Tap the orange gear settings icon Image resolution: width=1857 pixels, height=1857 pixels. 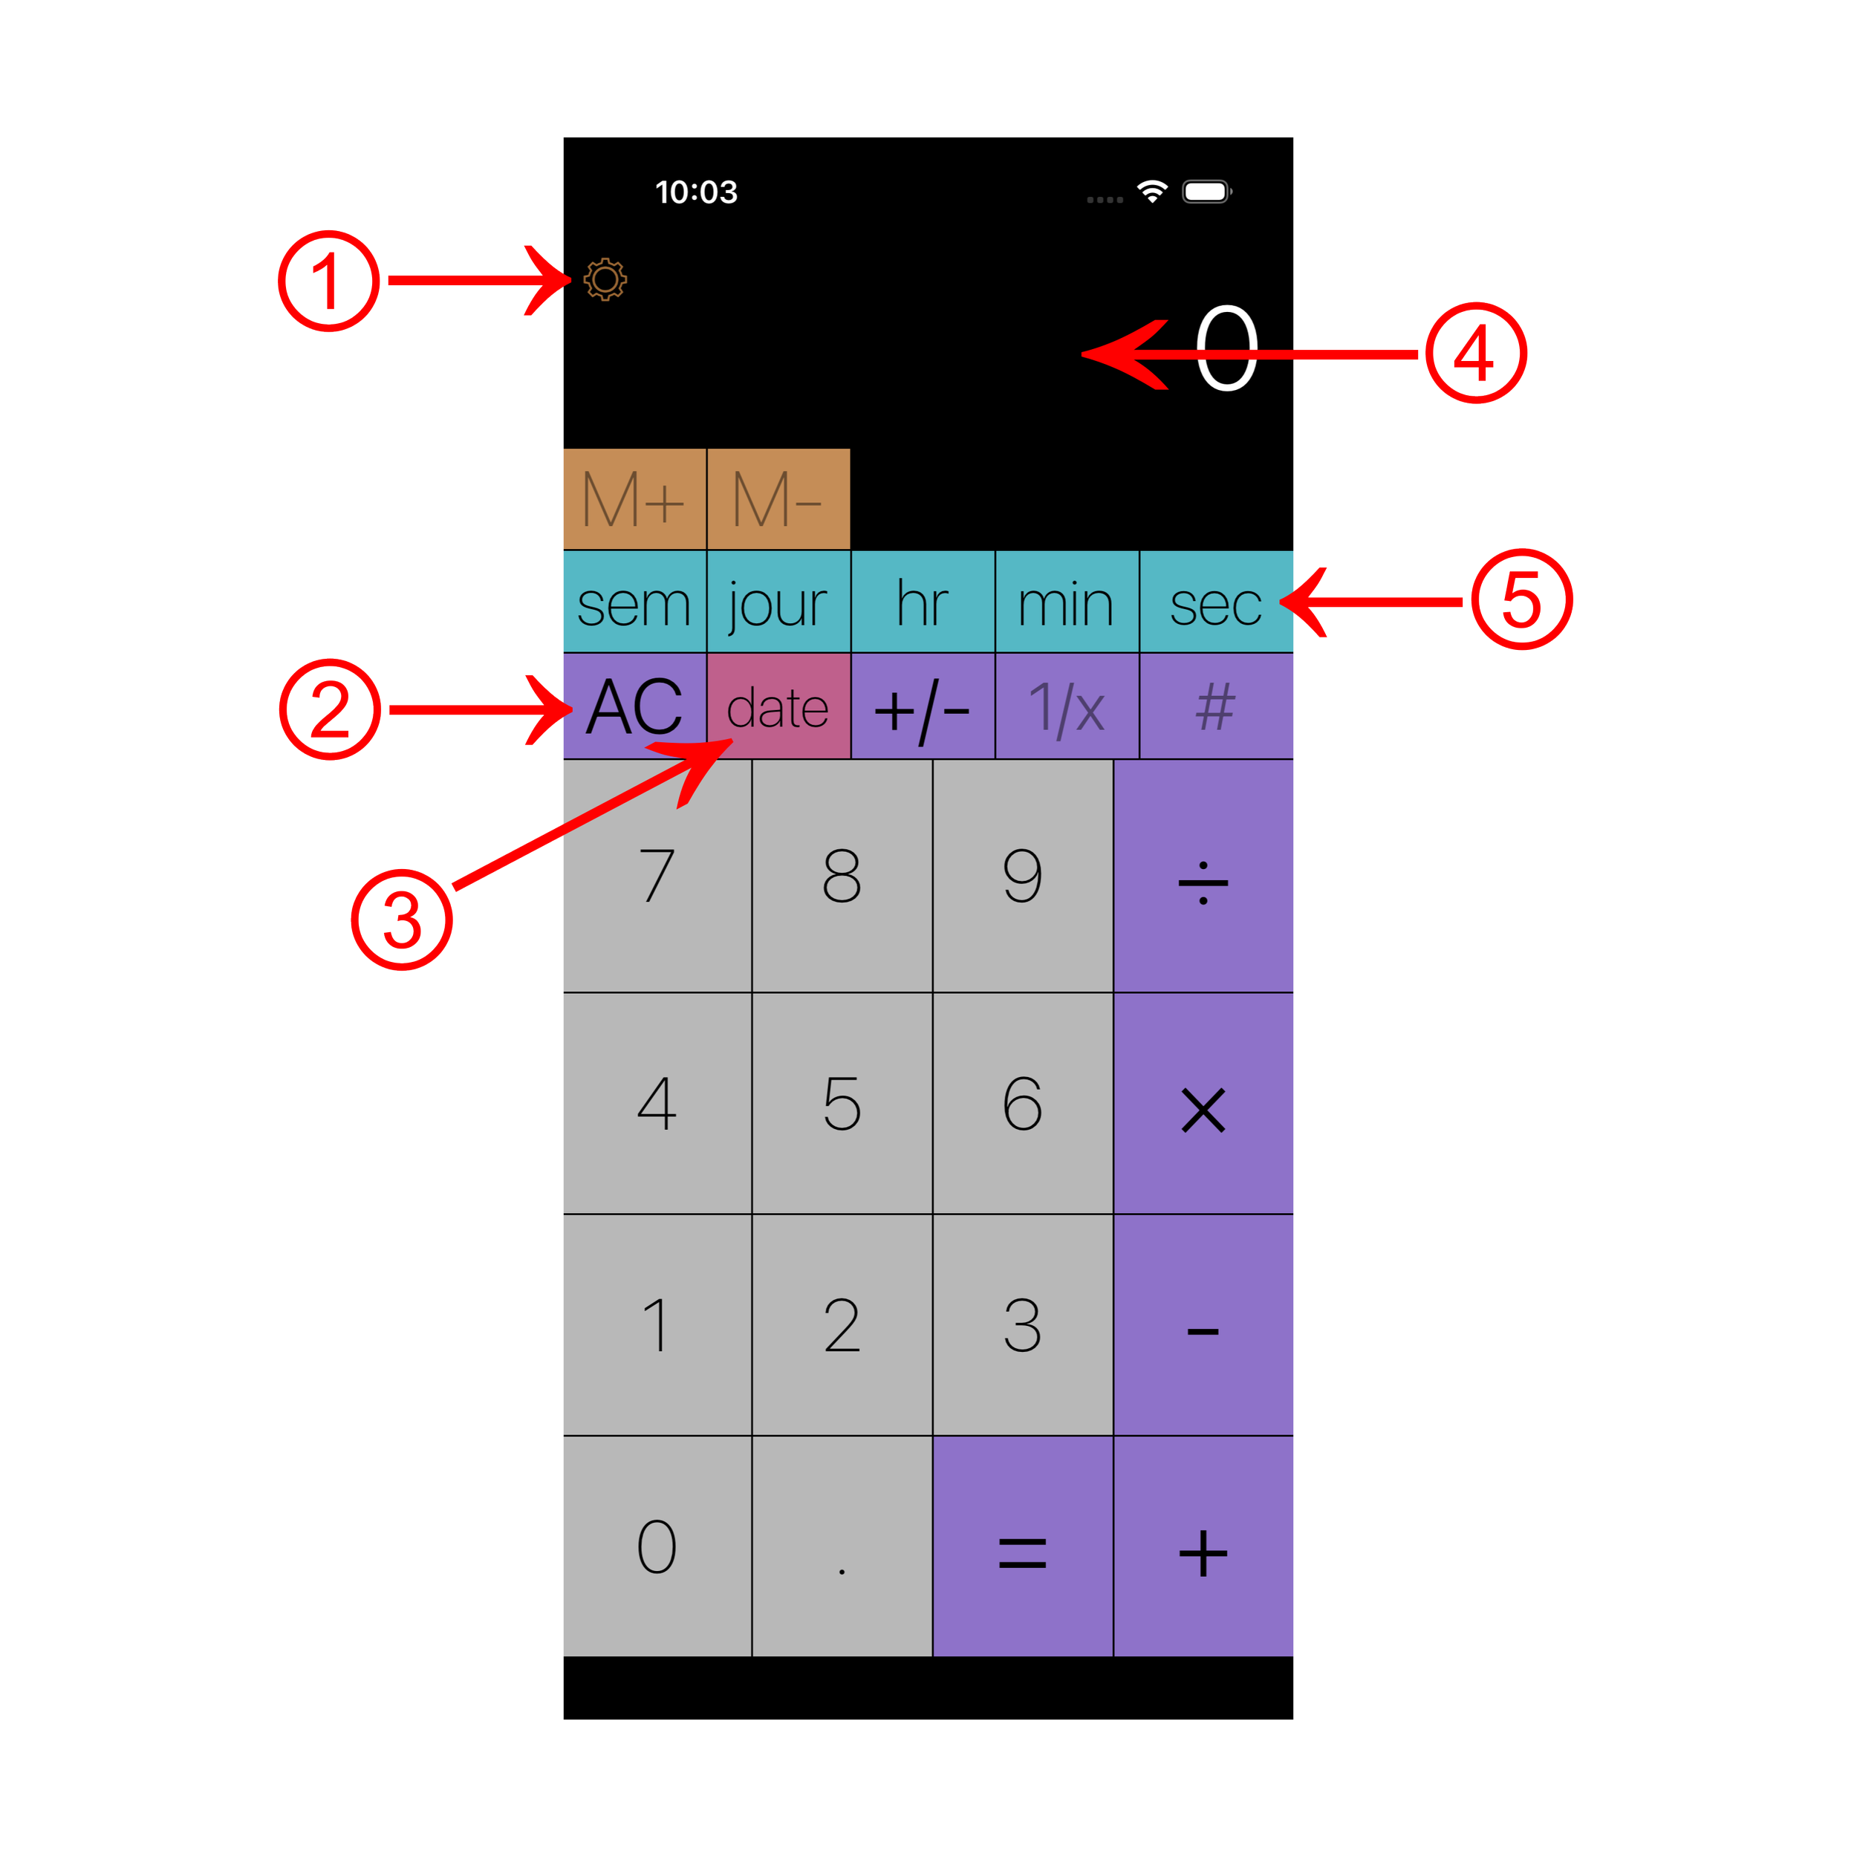(x=605, y=280)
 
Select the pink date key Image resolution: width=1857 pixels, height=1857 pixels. (x=778, y=707)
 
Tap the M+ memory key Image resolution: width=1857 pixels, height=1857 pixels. (x=634, y=500)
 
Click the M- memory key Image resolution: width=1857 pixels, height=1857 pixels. (x=778, y=500)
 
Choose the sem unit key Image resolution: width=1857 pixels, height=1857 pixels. (x=634, y=604)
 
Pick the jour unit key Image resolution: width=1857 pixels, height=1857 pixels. (x=778, y=604)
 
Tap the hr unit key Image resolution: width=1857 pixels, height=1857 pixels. (x=923, y=604)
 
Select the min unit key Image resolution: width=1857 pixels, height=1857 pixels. (x=1067, y=604)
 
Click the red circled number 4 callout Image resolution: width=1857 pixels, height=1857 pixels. (x=1475, y=353)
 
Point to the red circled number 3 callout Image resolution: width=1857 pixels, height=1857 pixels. (x=402, y=920)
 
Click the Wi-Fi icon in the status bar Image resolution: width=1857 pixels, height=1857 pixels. (x=1151, y=192)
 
